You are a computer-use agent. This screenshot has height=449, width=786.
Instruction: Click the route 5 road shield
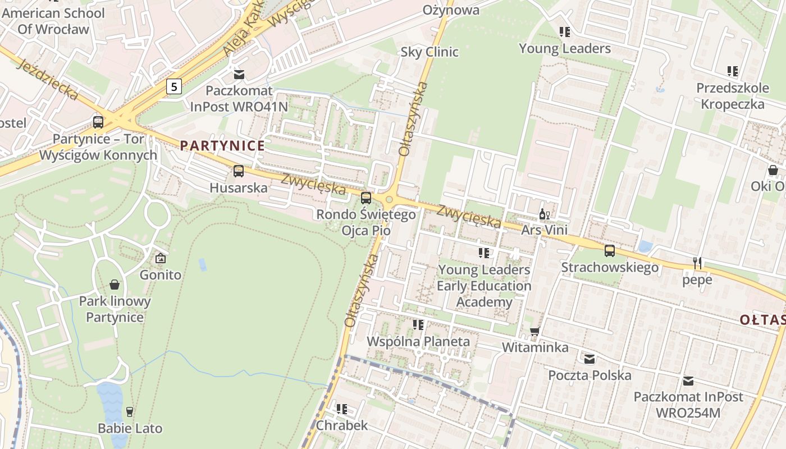click(x=175, y=86)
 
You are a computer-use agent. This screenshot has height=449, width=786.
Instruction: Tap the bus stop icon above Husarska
click(x=239, y=171)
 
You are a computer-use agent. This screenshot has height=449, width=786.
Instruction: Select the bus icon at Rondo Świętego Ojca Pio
click(x=366, y=198)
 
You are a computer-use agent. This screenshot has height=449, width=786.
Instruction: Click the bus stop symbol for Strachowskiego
click(x=610, y=251)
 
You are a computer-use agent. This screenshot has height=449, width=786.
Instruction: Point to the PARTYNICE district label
click(x=222, y=146)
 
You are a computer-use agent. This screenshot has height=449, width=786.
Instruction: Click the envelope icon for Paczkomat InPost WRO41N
click(x=239, y=74)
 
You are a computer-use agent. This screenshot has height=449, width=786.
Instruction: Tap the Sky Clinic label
click(x=429, y=52)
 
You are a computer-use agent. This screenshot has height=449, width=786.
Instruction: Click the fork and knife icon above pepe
click(x=697, y=263)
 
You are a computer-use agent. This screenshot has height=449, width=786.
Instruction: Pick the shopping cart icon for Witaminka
click(x=534, y=331)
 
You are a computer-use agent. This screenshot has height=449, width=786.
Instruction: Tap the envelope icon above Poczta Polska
click(x=589, y=359)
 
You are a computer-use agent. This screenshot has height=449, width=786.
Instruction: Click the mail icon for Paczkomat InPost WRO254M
click(x=688, y=381)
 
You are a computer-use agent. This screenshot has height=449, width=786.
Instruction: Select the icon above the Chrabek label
click(x=341, y=409)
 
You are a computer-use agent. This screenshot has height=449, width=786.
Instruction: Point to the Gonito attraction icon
click(x=161, y=258)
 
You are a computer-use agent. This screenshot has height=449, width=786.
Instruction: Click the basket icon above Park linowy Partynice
click(x=115, y=285)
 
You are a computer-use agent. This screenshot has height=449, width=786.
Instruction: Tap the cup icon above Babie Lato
click(x=130, y=412)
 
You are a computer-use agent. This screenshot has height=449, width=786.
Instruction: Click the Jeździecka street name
click(x=48, y=80)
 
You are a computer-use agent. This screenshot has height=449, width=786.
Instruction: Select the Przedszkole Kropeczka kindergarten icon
click(x=732, y=71)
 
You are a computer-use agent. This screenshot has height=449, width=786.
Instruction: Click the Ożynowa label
click(x=451, y=10)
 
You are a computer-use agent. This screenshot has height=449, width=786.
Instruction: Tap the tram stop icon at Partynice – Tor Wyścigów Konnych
click(x=98, y=122)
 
